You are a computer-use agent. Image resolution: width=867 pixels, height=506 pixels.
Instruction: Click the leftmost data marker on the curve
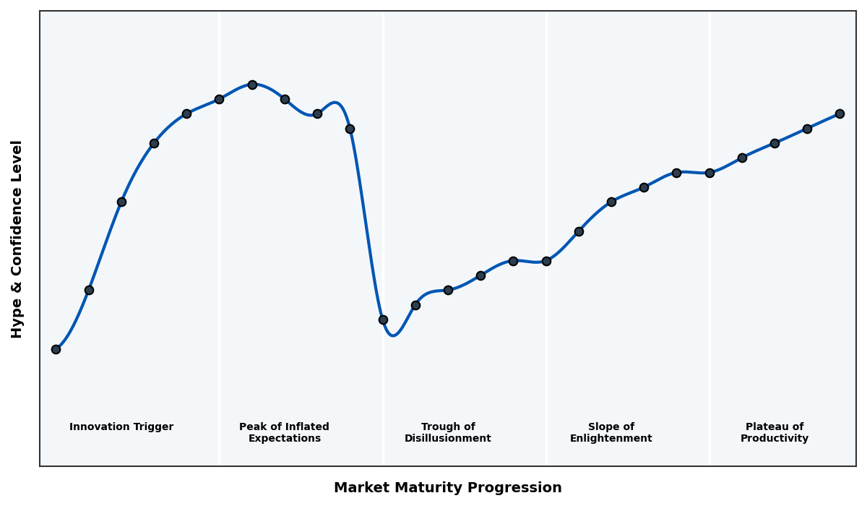pyautogui.click(x=56, y=349)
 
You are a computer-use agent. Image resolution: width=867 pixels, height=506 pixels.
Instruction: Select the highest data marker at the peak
pyautogui.click(x=252, y=85)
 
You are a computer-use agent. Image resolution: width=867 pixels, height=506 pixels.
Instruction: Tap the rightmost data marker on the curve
pyautogui.click(x=840, y=113)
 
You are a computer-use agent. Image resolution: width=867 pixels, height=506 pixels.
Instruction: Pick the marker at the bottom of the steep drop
pyautogui.click(x=383, y=320)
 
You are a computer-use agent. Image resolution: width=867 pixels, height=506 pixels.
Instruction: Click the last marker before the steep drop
pyautogui.click(x=350, y=129)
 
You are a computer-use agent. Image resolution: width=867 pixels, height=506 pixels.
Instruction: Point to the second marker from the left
pyautogui.click(x=89, y=290)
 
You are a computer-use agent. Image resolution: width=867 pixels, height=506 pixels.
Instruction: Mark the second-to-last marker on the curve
pyautogui.click(x=807, y=129)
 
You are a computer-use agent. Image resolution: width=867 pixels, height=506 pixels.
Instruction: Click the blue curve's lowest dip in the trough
pyautogui.click(x=392, y=335)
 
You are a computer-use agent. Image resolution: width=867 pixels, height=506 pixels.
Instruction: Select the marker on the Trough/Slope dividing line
pyautogui.click(x=546, y=261)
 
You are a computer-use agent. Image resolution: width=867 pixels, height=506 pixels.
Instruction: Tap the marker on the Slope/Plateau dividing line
pyautogui.click(x=709, y=173)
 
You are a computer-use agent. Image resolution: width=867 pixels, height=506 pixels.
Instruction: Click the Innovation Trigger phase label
pyautogui.click(x=121, y=427)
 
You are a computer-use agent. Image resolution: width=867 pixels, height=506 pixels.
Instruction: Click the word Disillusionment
pyautogui.click(x=448, y=439)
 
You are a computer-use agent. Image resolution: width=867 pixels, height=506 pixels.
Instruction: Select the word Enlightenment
pyautogui.click(x=611, y=439)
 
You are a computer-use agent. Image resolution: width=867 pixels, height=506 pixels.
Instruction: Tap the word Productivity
pyautogui.click(x=775, y=439)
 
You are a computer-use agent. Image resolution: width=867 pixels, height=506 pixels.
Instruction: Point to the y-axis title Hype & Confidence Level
pyautogui.click(x=17, y=239)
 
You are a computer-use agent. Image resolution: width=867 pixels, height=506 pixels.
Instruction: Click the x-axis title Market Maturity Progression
pyautogui.click(x=448, y=488)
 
